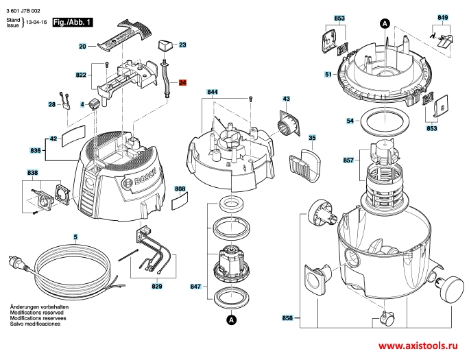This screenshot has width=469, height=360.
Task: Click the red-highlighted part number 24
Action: [182, 82]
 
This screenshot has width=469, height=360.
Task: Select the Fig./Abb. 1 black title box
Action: [73, 23]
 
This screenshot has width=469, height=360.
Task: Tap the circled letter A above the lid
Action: [385, 23]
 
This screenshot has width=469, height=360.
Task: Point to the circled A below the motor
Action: [231, 320]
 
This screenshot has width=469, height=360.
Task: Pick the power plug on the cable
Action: [19, 263]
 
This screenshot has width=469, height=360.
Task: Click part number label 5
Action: [75, 237]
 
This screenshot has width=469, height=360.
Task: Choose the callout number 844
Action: [213, 92]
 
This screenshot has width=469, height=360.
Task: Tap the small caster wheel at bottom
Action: [386, 319]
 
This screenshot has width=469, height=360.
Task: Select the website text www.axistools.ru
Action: [418, 346]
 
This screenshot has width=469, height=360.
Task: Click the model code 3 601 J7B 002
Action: [23, 11]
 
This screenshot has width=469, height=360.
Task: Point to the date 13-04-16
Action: [36, 22]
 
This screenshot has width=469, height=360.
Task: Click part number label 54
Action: [350, 121]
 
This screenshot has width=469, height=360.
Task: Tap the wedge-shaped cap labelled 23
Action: [165, 45]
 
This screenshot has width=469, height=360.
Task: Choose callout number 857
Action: [348, 160]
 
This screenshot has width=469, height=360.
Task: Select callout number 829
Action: [157, 287]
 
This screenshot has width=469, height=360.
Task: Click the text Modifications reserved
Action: [37, 313]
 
